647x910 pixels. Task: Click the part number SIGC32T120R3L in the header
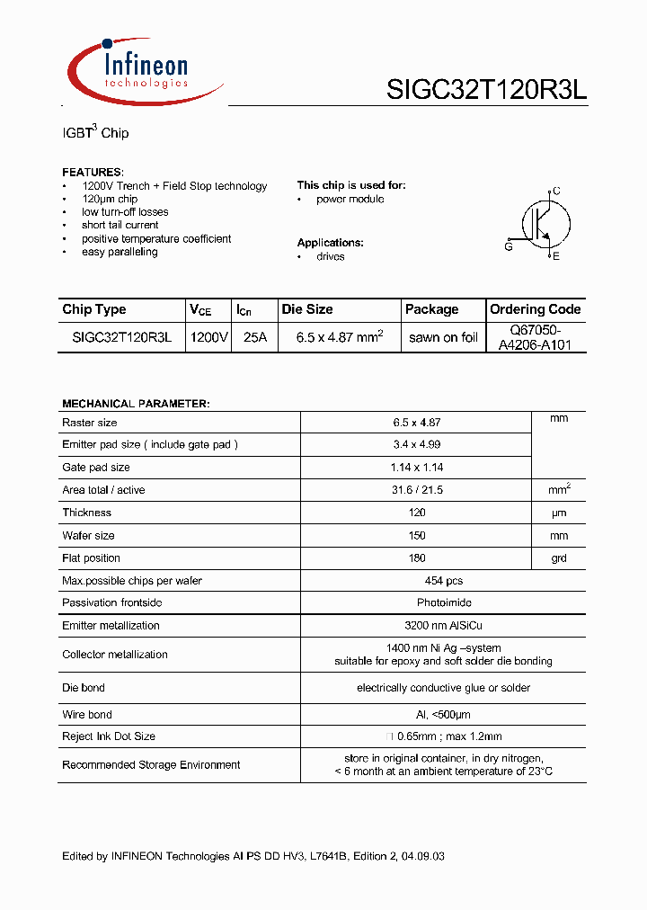486,90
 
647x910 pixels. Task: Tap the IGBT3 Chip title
95,133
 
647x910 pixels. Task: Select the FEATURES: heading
93,172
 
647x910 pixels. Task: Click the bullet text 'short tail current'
120,225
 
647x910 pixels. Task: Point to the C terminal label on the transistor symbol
556,191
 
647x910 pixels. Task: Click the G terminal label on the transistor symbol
509,245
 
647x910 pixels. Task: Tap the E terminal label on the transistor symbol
556,257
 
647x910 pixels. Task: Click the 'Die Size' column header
307,309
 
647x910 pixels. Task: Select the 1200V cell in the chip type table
209,338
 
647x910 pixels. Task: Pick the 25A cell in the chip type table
255,338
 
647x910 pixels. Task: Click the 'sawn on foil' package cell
443,338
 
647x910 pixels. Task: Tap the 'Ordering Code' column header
536,309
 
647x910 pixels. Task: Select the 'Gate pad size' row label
96,468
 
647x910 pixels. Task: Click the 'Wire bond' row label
87,715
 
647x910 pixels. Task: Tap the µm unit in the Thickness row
559,513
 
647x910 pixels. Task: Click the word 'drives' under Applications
330,256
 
